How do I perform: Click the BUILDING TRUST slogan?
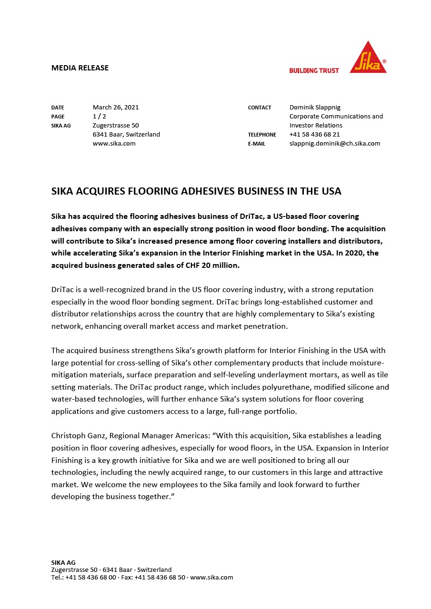[x=314, y=70]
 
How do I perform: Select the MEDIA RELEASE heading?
[x=80, y=68]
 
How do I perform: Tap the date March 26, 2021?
[x=116, y=107]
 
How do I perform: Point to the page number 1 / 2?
[x=100, y=116]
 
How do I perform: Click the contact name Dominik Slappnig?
[x=315, y=107]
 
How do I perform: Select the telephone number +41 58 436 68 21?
[x=314, y=134]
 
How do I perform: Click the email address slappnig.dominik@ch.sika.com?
[x=334, y=143]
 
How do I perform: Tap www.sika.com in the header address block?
[x=114, y=143]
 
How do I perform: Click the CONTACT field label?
[x=260, y=108]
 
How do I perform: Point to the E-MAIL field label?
[x=256, y=144]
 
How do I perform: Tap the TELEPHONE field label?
[x=262, y=135]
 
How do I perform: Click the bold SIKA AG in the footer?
[x=63, y=562]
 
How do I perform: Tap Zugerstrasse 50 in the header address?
[x=116, y=125]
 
